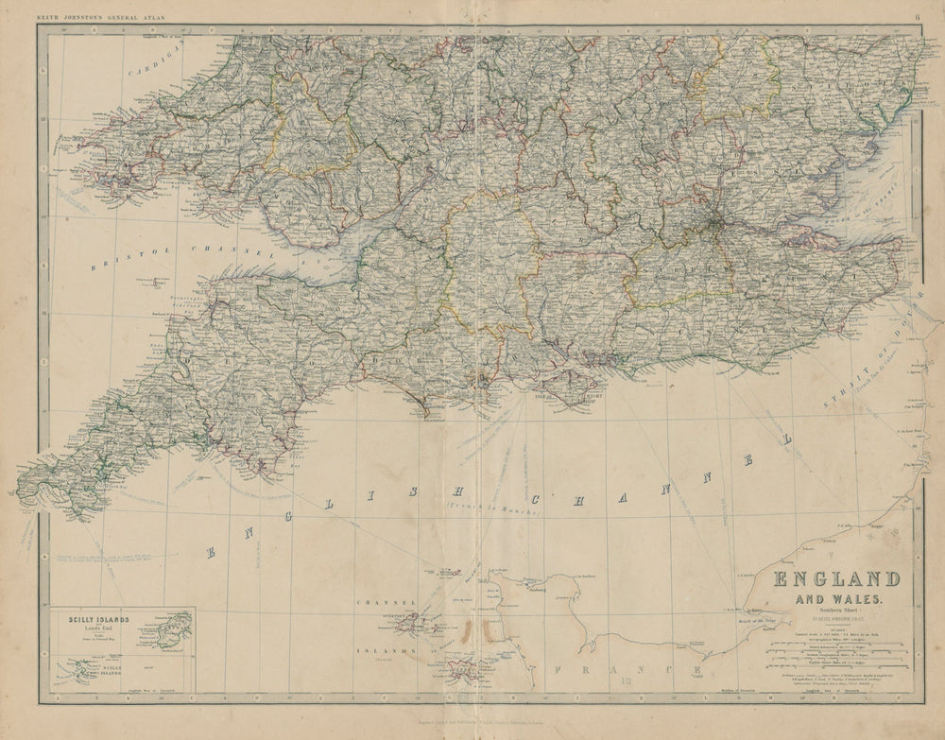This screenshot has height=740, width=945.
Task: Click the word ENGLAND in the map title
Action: (x=836, y=578)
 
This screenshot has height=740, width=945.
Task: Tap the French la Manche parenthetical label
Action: (x=490, y=509)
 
